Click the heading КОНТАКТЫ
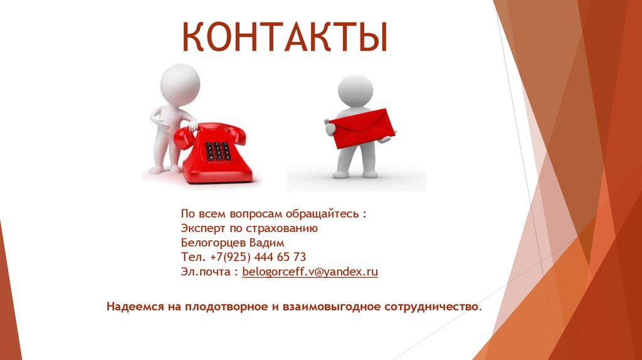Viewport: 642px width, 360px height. click(x=285, y=38)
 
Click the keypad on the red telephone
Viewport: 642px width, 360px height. click(x=217, y=151)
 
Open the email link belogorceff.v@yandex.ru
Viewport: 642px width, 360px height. click(x=310, y=272)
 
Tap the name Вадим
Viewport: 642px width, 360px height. click(x=268, y=243)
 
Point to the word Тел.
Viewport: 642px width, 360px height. click(x=191, y=257)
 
